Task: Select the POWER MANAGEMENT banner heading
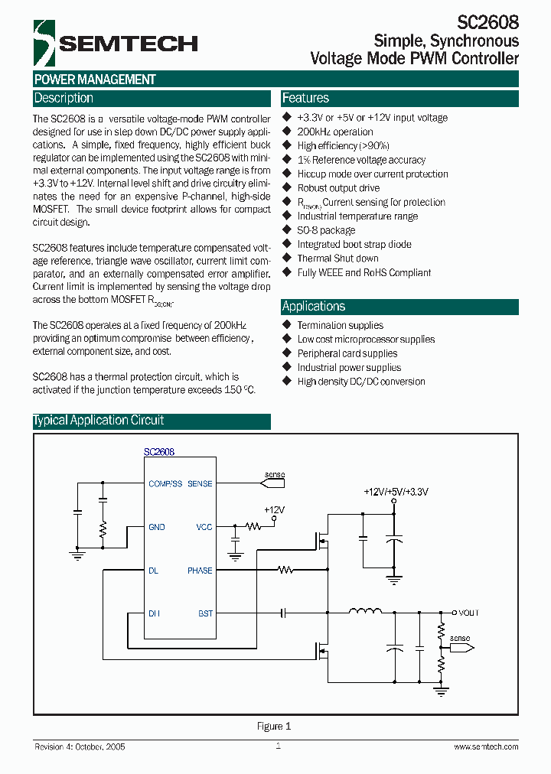tap(95, 80)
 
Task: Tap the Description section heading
tap(64, 99)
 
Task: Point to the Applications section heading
tap(314, 307)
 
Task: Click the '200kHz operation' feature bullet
tap(335, 132)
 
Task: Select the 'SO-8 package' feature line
tap(326, 230)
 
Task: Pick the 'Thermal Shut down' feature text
tap(337, 259)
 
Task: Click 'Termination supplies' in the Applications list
tap(341, 325)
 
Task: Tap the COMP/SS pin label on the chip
tap(165, 484)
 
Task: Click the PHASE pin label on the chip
tap(200, 571)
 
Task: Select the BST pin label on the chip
tap(205, 613)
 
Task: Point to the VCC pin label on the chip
tap(204, 527)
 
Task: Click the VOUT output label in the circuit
tap(468, 613)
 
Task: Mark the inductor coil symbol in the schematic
tap(366, 611)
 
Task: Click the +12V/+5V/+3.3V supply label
tap(396, 493)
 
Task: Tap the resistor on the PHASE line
tap(286, 570)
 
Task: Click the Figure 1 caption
tap(274, 727)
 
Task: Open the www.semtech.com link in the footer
tap(486, 746)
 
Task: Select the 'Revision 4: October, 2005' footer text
tap(80, 746)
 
